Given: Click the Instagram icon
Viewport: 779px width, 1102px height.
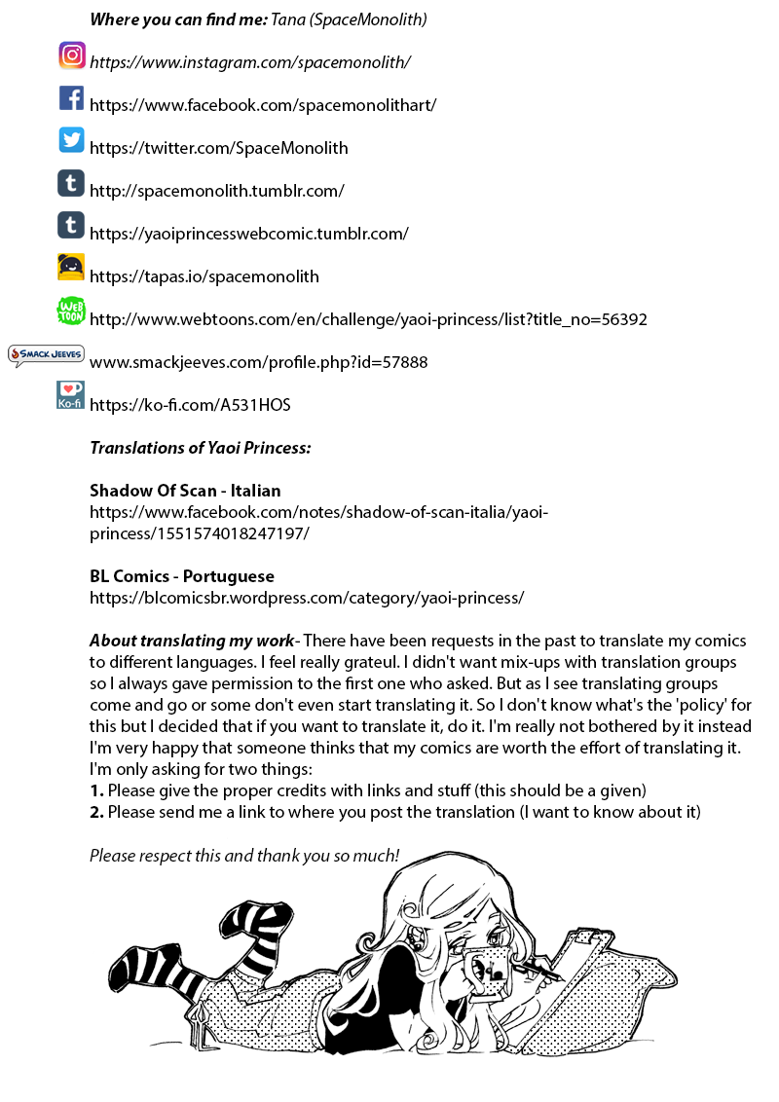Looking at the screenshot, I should click(72, 55).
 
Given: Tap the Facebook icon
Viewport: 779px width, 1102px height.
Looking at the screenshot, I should click(71, 98).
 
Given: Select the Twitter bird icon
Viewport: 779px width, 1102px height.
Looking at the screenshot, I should click(71, 140).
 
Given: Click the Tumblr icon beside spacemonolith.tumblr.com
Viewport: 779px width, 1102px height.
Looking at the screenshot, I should click(71, 183).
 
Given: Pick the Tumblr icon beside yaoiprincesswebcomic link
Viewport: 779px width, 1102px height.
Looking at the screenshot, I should click(71, 226).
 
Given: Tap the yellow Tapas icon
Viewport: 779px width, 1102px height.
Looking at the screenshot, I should click(71, 268).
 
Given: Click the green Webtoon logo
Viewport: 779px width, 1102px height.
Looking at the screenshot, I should click(71, 311).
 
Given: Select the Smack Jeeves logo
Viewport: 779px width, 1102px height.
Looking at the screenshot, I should click(46, 354).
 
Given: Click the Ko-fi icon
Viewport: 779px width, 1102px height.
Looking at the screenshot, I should click(71, 395).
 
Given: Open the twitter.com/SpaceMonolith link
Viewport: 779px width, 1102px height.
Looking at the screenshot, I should click(218, 148).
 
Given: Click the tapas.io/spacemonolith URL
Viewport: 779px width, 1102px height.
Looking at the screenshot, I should click(204, 276).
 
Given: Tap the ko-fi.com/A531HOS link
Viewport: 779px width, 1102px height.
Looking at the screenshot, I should click(190, 405).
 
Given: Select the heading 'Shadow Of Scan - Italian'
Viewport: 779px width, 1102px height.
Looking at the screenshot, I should click(185, 491).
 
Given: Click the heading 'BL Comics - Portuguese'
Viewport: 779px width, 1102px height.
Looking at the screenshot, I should click(182, 576).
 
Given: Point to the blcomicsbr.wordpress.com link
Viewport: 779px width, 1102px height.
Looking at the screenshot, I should click(307, 598).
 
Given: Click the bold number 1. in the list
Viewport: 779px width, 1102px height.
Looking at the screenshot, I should click(96, 790).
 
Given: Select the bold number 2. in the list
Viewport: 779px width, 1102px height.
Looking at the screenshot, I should click(96, 812).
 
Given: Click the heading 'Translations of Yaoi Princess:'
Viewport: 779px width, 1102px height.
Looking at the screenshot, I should click(201, 448).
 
